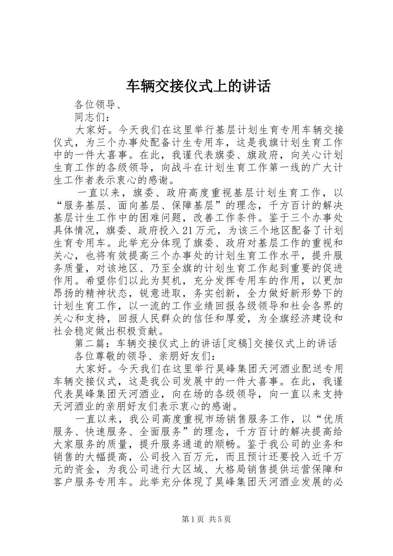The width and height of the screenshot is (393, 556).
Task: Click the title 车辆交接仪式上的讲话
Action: [198, 86]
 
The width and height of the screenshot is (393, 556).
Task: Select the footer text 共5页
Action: [220, 519]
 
